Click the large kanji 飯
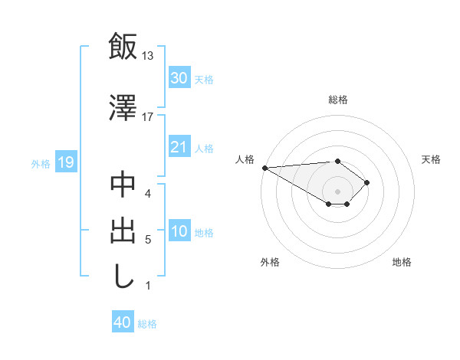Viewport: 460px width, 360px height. click(x=123, y=46)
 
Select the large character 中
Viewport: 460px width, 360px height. click(x=123, y=185)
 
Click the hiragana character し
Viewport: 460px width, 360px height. click(x=123, y=277)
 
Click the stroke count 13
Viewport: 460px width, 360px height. click(x=148, y=56)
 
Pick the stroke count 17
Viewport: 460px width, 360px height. click(x=148, y=116)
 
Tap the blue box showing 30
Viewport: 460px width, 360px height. click(x=179, y=78)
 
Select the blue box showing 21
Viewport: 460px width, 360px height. click(x=179, y=148)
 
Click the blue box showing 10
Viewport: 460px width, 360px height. click(x=179, y=232)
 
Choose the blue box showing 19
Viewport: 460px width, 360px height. click(x=65, y=162)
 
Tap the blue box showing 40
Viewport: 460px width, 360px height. click(x=123, y=323)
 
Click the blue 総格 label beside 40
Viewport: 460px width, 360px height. click(x=148, y=324)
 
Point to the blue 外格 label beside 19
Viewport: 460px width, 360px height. click(x=41, y=163)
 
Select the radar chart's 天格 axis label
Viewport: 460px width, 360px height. click(x=431, y=159)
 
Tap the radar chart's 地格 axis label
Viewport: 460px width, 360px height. click(x=402, y=262)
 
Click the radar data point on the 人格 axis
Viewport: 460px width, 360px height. click(x=264, y=168)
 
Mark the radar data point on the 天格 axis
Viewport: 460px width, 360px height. click(x=368, y=182)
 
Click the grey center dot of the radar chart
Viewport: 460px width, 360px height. click(x=337, y=190)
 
